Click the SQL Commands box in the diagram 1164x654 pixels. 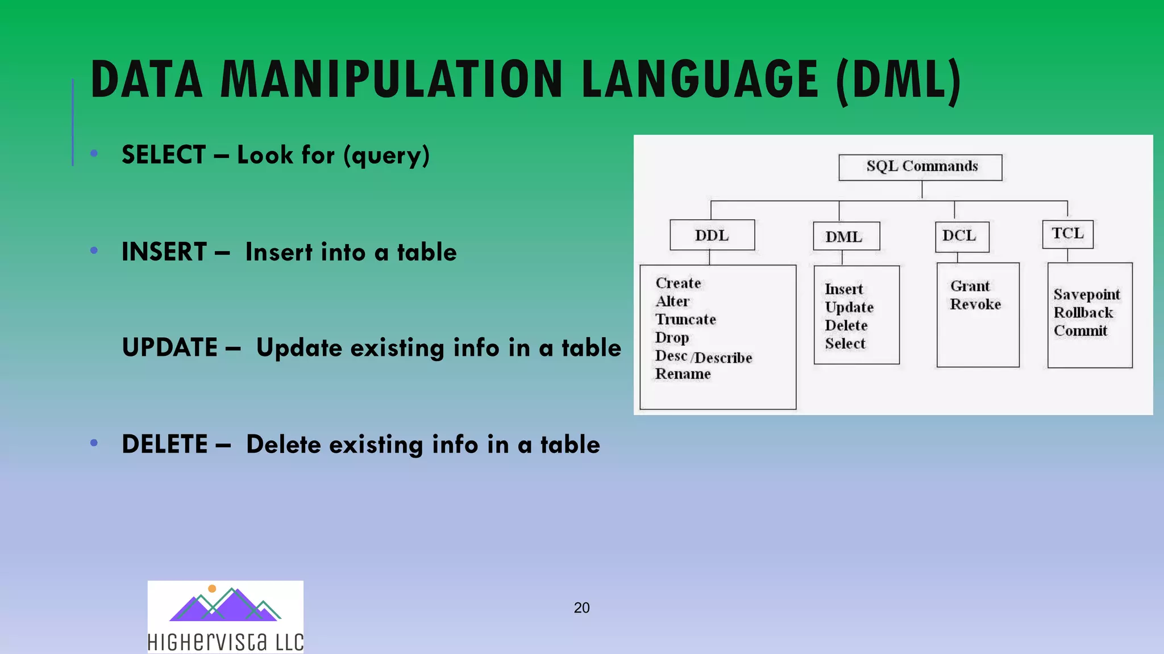click(920, 167)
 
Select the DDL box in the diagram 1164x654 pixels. click(712, 235)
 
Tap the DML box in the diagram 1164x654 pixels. click(846, 236)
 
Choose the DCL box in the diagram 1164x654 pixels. click(962, 236)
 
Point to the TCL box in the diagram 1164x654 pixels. click(1067, 234)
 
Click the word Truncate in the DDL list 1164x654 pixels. click(685, 320)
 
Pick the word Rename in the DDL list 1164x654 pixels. click(683, 374)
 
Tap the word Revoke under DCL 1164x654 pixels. click(975, 304)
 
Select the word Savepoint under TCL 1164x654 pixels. click(1086, 295)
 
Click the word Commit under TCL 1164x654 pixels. click(1080, 331)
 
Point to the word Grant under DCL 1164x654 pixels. click(970, 286)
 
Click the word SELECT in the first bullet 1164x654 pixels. click(164, 155)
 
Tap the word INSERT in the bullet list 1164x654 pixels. click(164, 252)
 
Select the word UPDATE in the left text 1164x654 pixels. click(170, 347)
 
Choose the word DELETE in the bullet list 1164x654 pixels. click(165, 445)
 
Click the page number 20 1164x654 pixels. click(581, 608)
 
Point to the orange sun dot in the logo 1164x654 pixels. click(212, 589)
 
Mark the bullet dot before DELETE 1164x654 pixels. click(94, 443)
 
